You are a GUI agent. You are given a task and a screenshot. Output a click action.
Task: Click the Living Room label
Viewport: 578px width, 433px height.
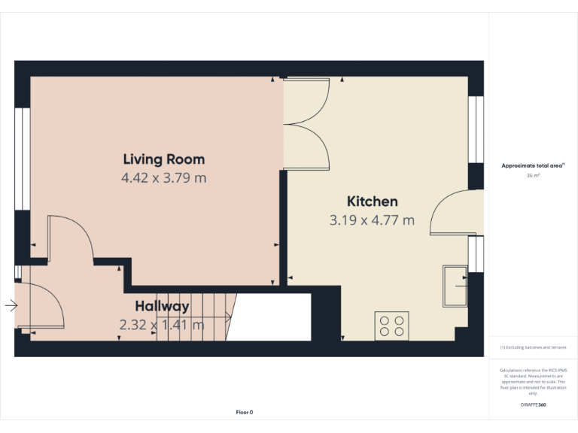(163, 159)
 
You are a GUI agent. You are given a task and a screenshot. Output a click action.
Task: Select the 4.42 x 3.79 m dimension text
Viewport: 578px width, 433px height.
(163, 178)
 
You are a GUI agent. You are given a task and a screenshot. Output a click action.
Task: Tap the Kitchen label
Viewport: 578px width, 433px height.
(372, 201)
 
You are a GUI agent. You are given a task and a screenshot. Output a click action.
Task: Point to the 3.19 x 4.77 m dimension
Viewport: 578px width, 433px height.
(372, 220)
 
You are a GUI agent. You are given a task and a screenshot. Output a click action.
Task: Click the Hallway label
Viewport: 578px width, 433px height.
(162, 306)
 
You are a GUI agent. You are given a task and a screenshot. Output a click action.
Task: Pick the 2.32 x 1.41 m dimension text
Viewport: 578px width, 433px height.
(161, 325)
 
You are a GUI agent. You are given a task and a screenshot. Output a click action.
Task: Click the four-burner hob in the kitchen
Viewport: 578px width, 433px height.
(391, 326)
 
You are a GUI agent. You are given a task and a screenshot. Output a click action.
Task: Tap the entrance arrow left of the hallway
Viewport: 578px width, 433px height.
(11, 305)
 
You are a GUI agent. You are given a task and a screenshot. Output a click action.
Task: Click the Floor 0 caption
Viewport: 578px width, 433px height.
(245, 412)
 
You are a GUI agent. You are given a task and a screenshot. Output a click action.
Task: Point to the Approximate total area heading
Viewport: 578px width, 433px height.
(533, 165)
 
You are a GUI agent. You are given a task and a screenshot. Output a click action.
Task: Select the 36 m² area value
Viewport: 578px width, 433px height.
(533, 175)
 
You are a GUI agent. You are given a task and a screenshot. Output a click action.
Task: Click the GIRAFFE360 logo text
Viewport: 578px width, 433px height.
(533, 405)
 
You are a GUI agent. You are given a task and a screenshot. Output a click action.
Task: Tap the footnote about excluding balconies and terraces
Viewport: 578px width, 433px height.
(533, 348)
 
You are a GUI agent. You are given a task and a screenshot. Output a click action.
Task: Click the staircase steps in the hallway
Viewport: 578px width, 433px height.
(196, 316)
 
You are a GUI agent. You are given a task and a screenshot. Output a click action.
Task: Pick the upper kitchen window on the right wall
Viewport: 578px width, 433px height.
(476, 129)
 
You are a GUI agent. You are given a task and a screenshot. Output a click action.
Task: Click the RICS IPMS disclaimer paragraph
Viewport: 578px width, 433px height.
(533, 382)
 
